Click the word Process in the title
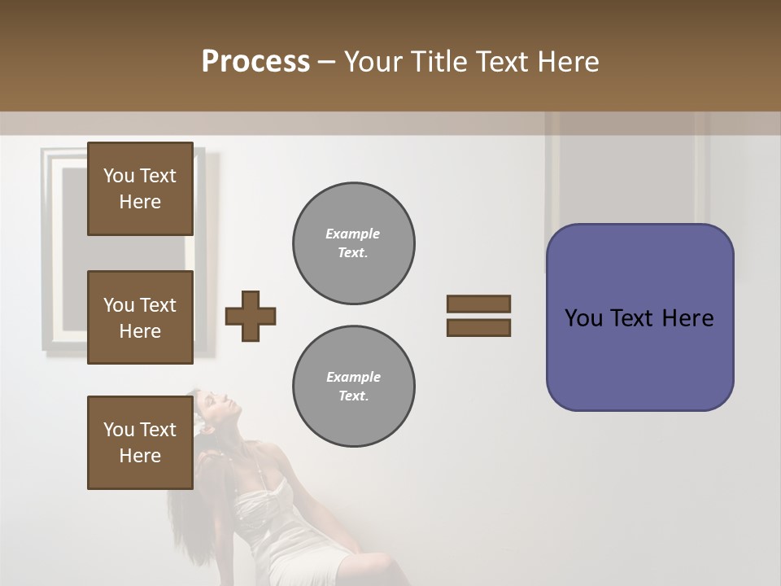click(x=255, y=62)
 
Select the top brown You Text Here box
click(x=140, y=189)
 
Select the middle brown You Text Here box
click(x=140, y=317)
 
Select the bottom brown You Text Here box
click(x=140, y=442)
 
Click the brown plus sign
click(x=251, y=316)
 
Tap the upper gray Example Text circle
click(x=353, y=243)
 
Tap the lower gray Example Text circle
click(x=353, y=387)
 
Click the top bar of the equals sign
click(x=478, y=304)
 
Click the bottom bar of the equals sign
click(x=478, y=327)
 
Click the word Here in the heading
click(x=567, y=62)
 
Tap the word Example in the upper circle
click(x=353, y=234)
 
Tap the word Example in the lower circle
click(x=353, y=377)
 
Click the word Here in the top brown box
click(x=140, y=202)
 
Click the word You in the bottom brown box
click(x=118, y=430)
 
